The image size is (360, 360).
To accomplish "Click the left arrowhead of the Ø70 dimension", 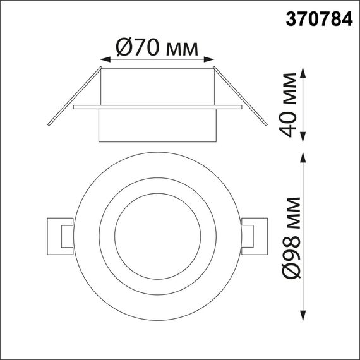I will click(103, 60).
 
